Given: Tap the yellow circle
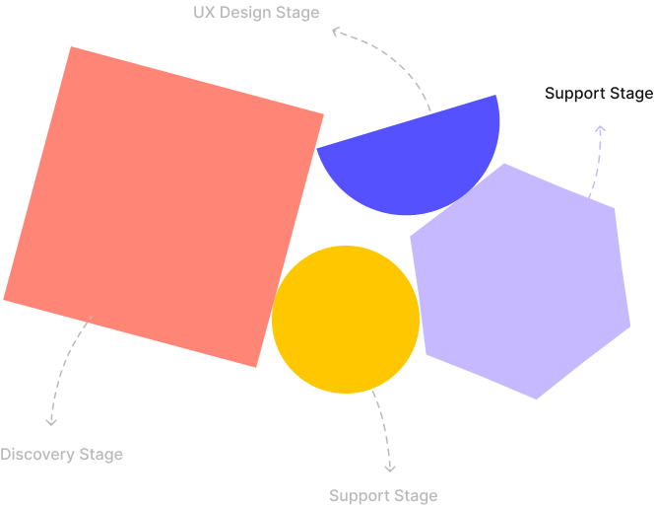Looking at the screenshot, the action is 346,319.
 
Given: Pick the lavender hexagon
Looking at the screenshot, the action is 522,281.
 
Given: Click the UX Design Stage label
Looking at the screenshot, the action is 256,13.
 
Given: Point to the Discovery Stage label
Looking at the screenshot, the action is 61,455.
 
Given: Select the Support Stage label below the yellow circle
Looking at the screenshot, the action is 383,495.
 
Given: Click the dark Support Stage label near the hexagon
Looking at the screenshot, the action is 598,94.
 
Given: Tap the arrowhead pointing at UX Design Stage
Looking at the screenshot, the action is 336,32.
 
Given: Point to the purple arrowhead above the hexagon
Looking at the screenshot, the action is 600,128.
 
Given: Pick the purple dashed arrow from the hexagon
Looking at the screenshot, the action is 596,163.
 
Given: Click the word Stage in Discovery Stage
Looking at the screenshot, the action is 102,455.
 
